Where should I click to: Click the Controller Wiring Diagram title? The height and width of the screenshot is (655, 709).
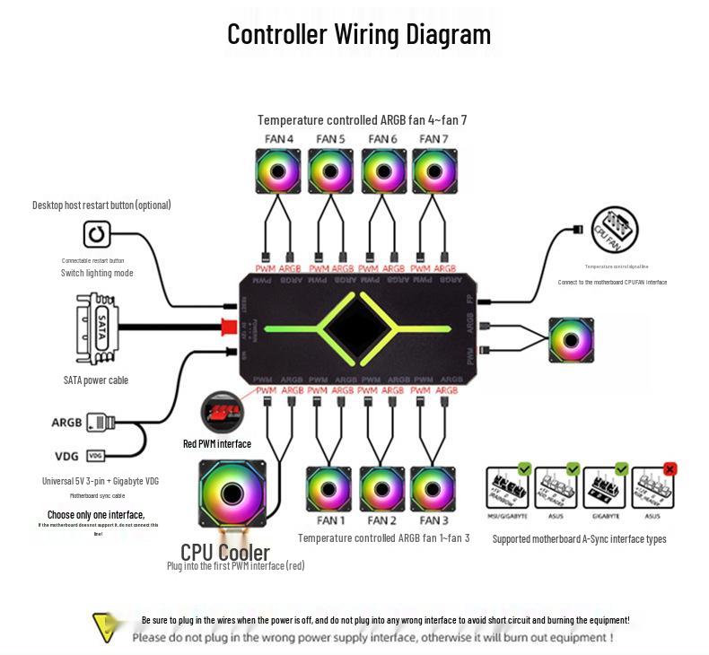[x=358, y=34]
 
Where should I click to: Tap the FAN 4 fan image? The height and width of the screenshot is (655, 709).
[x=278, y=170]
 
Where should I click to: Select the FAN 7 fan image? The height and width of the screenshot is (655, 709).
[x=433, y=170]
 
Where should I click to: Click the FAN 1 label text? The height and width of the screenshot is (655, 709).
[x=330, y=520]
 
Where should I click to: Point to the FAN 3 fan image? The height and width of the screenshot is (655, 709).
[x=433, y=488]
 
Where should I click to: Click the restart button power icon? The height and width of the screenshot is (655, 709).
[x=96, y=235]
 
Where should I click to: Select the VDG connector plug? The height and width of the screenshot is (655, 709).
[x=96, y=455]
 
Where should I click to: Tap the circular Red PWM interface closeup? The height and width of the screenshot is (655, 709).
[x=222, y=413]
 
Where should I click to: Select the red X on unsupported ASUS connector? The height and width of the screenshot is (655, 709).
[x=669, y=468]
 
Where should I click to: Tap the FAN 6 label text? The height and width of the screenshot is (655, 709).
[x=382, y=139]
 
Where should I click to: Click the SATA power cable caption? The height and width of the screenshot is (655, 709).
[x=96, y=380]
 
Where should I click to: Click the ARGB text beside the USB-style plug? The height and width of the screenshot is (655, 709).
[x=66, y=423]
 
